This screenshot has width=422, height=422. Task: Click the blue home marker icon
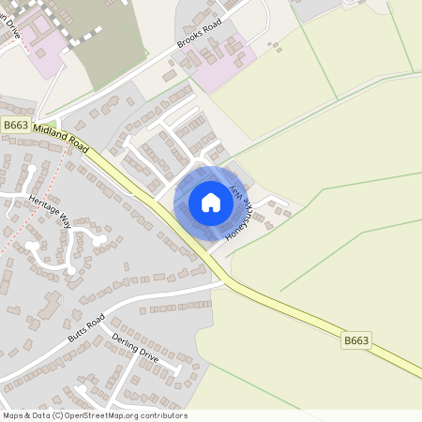(210, 202)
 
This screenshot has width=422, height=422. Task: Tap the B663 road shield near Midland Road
(15, 125)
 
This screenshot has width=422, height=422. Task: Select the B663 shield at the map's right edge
(355, 341)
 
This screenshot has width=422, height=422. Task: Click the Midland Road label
(60, 139)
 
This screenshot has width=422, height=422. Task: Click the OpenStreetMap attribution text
(94, 415)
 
